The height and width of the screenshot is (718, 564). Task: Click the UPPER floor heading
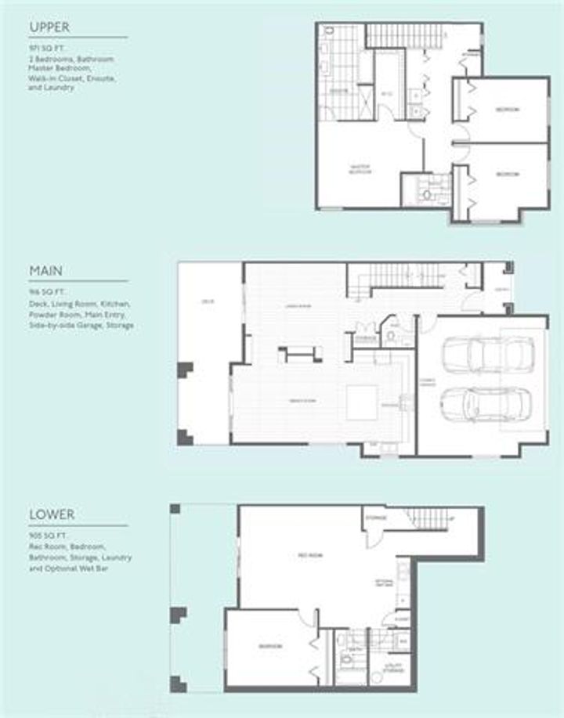point(49,27)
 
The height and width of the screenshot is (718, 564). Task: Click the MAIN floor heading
point(45,271)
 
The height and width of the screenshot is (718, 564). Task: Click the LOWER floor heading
point(52,515)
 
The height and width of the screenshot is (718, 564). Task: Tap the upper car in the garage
point(487,355)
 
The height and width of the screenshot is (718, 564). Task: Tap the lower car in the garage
point(486,403)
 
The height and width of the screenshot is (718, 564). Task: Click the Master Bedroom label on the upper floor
point(360,169)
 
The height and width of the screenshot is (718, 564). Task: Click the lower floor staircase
point(429,518)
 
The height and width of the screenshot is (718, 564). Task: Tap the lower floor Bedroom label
point(270,646)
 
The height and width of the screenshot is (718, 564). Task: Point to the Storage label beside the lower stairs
point(377,517)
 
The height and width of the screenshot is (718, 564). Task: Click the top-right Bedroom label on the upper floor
point(507,110)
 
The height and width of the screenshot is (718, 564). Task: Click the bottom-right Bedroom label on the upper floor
point(507,174)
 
